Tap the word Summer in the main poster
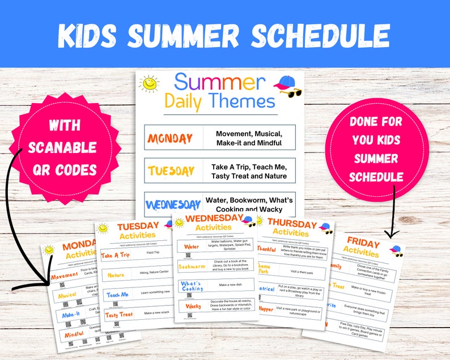(219, 82)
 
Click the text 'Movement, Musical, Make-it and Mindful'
(249, 138)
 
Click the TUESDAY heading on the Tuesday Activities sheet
(138, 227)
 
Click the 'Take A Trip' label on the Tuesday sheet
(116, 256)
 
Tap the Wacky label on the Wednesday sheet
(192, 306)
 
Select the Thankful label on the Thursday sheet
(266, 248)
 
